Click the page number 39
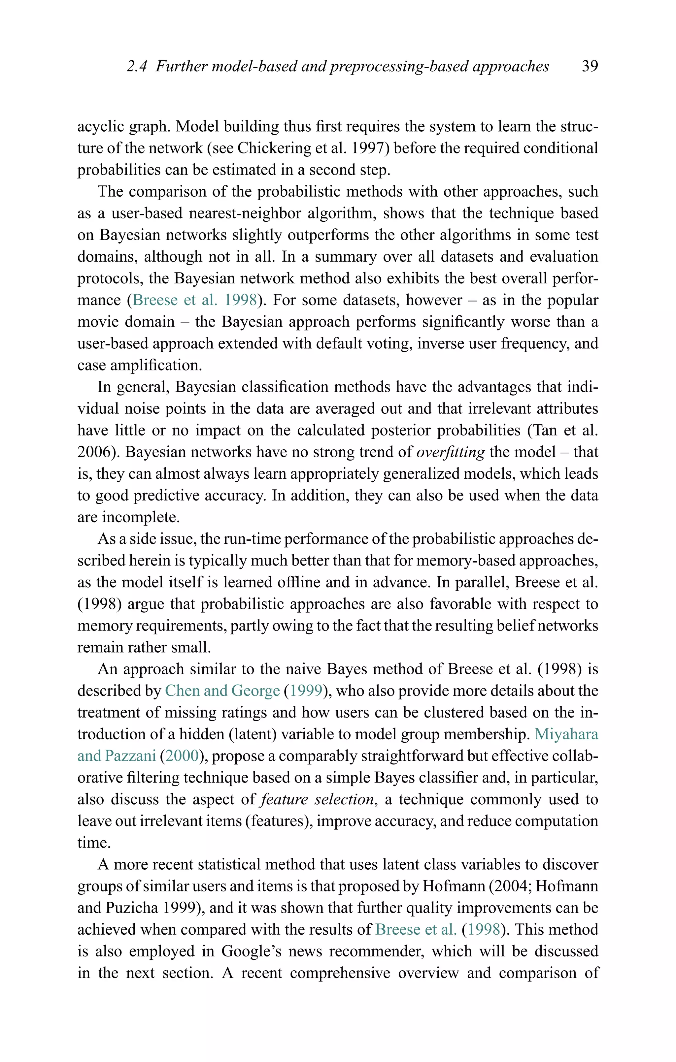590,66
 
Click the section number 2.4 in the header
136,66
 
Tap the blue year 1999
305,691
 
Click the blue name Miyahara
566,734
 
